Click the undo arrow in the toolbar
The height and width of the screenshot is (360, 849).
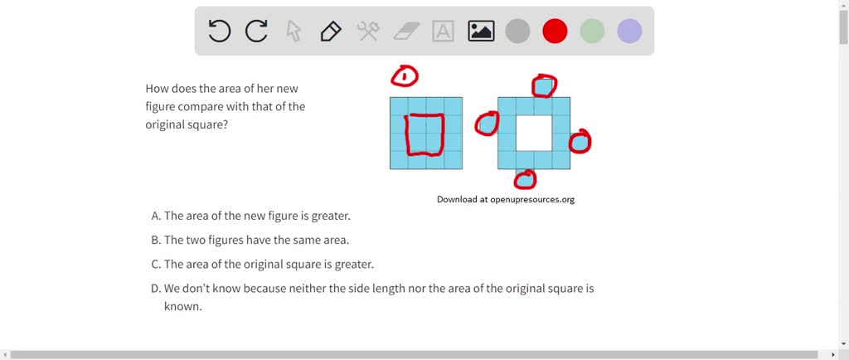[219, 32]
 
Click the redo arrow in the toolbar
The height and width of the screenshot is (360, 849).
[256, 32]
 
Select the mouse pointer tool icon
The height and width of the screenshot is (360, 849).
[294, 32]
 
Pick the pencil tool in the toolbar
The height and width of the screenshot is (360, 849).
[330, 32]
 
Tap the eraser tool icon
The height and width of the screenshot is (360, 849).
[406, 32]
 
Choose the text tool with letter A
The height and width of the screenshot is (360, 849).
[444, 32]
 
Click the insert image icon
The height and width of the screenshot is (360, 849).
[481, 32]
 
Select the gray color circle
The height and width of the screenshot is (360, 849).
[517, 32]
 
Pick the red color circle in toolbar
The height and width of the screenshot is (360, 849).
[555, 32]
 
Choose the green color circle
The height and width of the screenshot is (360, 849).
[592, 32]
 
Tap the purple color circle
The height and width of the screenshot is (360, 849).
[629, 32]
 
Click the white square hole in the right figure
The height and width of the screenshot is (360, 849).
[534, 133]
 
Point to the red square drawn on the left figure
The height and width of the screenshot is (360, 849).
[424, 134]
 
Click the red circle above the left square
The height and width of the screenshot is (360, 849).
[405, 77]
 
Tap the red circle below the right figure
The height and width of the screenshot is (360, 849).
[526, 178]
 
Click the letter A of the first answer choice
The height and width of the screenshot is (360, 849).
[155, 216]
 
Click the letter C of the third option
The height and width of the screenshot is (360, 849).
[155, 265]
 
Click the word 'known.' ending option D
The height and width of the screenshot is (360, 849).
[182, 306]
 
